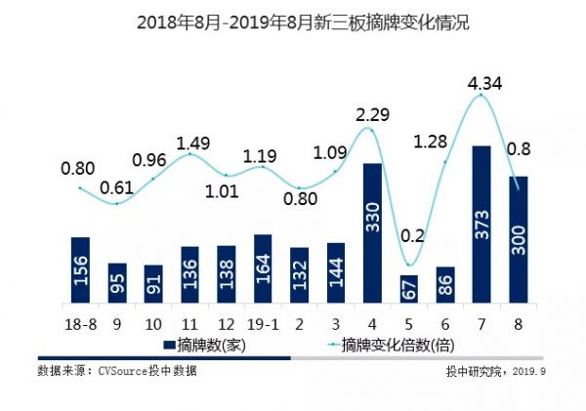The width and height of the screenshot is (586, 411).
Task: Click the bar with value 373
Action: tap(481, 226)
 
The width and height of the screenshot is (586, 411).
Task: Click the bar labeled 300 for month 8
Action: tap(517, 240)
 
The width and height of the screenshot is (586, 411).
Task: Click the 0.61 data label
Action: tap(117, 187)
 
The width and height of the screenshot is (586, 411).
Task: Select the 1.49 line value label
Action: tap(189, 144)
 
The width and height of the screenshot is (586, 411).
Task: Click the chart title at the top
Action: tap(292, 21)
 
